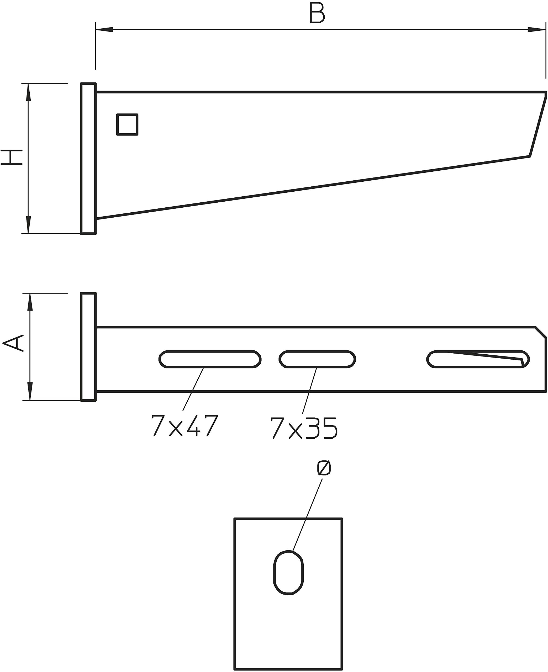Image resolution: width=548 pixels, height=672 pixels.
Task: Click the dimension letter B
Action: (317, 13)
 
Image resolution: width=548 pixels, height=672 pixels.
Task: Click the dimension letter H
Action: (12, 157)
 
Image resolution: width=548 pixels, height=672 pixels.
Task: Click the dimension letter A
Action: (14, 343)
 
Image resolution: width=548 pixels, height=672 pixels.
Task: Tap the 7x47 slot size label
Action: (185, 425)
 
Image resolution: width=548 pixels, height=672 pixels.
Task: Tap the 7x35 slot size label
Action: (304, 428)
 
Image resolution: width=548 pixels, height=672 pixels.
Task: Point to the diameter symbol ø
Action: (324, 468)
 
